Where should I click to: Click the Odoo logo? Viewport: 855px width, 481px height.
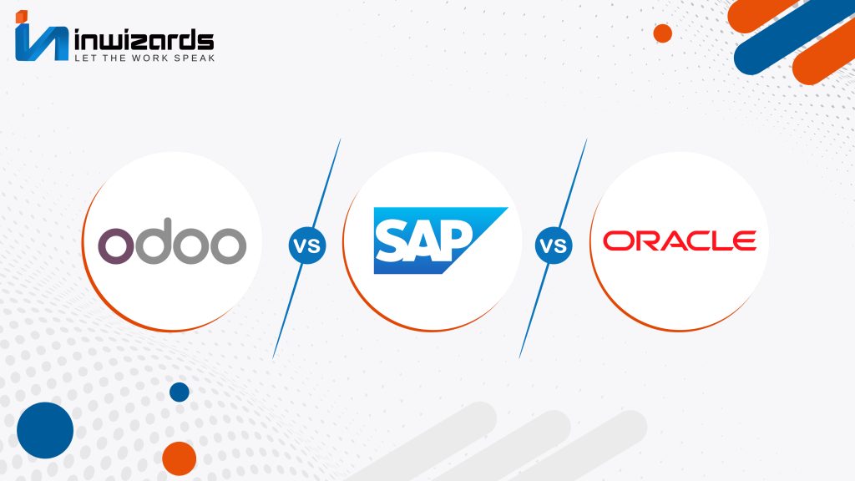click(172, 241)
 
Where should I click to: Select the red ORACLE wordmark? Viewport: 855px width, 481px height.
click(680, 240)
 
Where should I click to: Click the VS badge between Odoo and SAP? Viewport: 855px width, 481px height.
click(307, 246)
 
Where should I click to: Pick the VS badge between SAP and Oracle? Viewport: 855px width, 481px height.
click(554, 246)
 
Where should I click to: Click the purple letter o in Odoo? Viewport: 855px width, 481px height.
click(115, 246)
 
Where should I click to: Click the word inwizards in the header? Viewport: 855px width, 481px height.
click(144, 41)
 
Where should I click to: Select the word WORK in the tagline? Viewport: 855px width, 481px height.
click(150, 58)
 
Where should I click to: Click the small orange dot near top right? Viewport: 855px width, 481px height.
click(662, 33)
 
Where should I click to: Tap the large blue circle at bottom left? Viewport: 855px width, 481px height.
click(45, 430)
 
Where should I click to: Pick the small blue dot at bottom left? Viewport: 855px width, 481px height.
click(180, 392)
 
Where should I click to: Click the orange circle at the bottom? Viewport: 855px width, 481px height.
click(180, 458)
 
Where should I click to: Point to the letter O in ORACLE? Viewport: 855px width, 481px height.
click(615, 240)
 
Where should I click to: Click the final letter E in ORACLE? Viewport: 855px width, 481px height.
click(744, 240)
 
